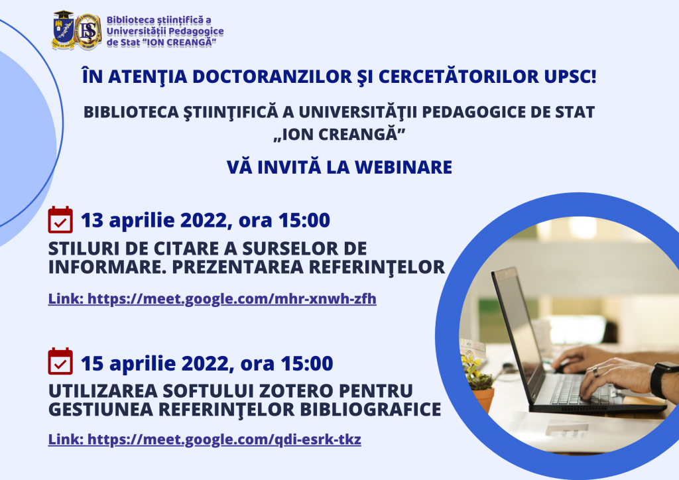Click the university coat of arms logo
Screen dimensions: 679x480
click(x=63, y=30)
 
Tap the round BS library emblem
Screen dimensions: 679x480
click(x=88, y=32)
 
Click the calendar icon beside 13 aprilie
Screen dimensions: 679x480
click(x=60, y=220)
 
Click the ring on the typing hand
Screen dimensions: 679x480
click(x=596, y=371)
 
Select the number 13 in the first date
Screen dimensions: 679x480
click(x=92, y=220)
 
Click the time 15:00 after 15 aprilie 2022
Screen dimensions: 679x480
click(x=307, y=363)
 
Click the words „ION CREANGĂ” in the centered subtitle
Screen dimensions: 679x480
click(x=339, y=134)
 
